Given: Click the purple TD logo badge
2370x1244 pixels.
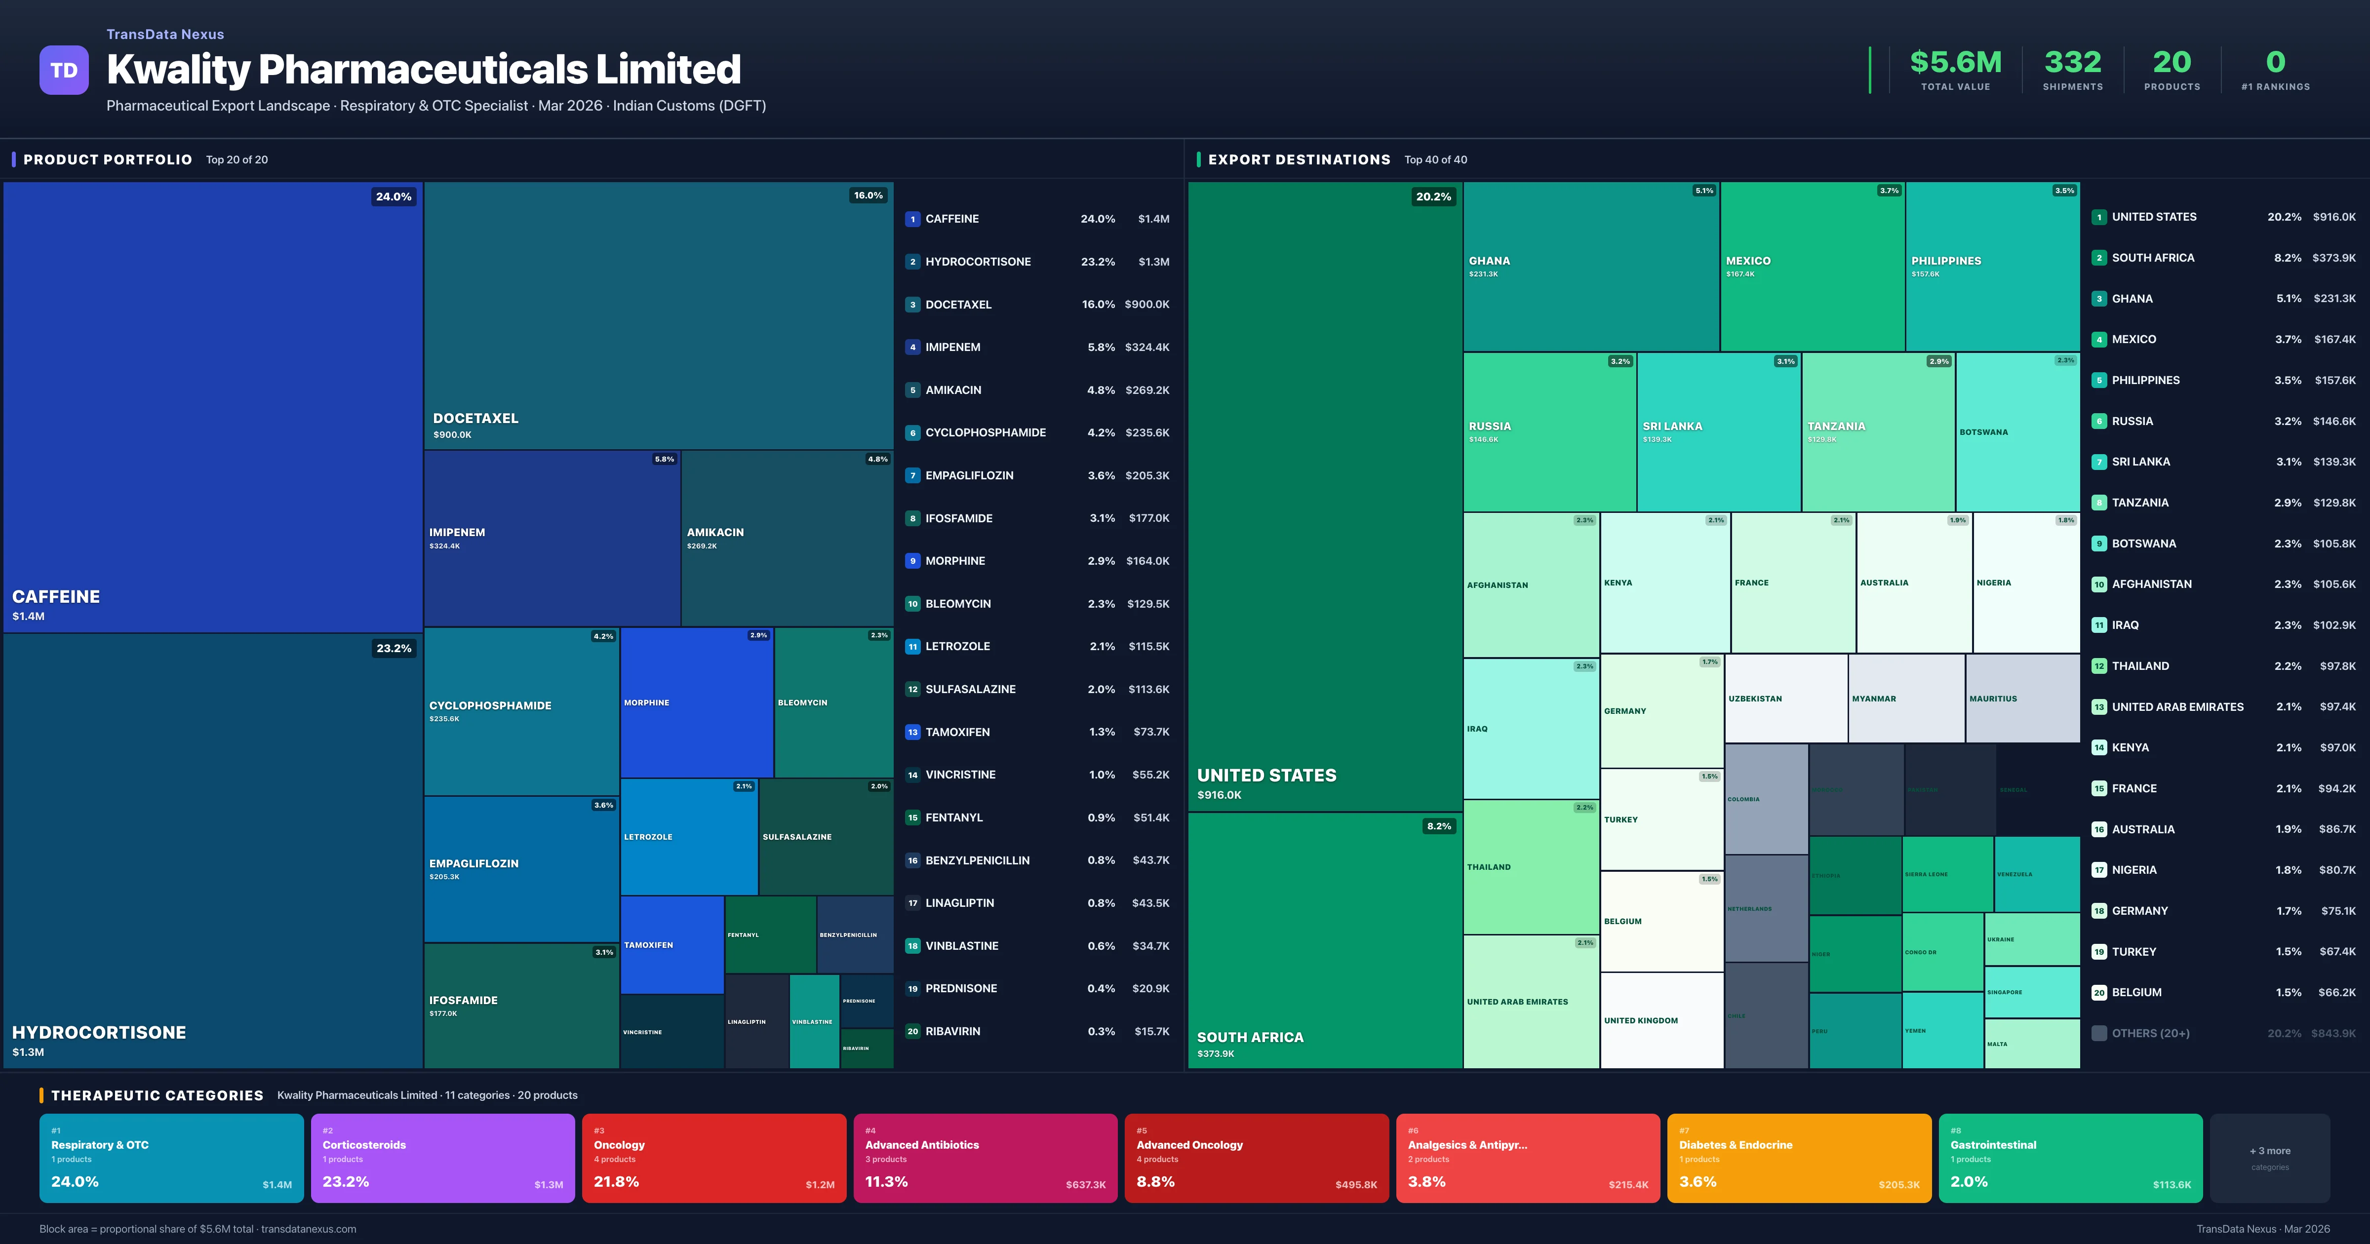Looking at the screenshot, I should click(x=64, y=70).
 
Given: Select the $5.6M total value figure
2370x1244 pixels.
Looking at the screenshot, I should click(x=1955, y=63).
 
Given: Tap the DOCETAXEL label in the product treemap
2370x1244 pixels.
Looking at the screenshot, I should click(x=475, y=419).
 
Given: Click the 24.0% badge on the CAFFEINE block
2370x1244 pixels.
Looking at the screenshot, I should click(x=393, y=197).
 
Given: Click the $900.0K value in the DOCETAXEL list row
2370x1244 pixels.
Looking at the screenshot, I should click(x=1146, y=305).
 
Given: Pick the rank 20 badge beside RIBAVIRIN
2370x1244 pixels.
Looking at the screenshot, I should click(x=912, y=1031).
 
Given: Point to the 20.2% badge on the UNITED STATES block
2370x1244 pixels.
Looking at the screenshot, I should click(x=1432, y=197).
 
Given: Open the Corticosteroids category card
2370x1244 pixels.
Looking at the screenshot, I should click(x=442, y=1158).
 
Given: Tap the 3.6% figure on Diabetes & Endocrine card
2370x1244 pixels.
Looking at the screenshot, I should click(x=1698, y=1181).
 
